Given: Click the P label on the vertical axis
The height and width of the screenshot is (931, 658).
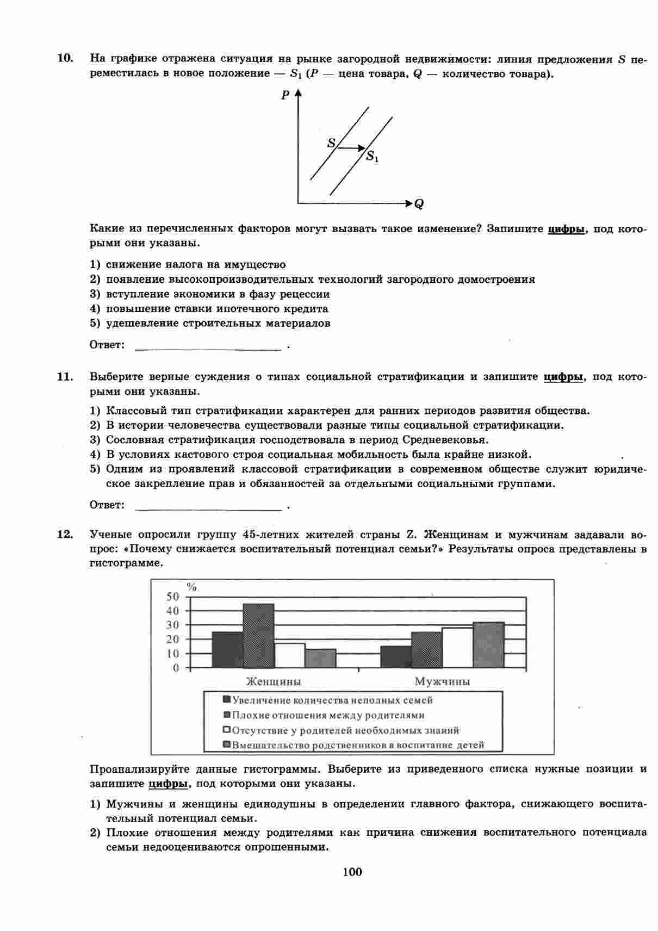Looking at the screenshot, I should click(x=285, y=96).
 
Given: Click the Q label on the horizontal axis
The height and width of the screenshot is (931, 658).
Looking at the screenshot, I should click(x=419, y=204).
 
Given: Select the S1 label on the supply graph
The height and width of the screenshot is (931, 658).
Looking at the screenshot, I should click(x=372, y=158).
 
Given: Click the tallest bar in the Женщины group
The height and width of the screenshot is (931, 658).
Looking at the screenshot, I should click(x=258, y=635).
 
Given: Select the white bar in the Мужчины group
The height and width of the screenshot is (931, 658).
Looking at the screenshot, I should click(x=457, y=647).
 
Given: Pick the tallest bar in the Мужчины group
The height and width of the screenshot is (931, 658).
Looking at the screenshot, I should click(x=488, y=644).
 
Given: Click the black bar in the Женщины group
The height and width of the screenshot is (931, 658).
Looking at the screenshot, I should click(x=227, y=649).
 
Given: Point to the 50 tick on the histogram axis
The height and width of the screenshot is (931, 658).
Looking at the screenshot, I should click(x=172, y=596).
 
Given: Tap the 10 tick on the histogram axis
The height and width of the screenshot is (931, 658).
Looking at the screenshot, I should click(x=172, y=653).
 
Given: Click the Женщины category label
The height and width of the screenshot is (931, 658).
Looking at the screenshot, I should click(x=274, y=681).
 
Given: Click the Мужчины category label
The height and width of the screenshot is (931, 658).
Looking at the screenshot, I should click(x=442, y=681).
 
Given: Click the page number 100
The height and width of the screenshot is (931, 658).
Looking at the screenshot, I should click(x=352, y=872).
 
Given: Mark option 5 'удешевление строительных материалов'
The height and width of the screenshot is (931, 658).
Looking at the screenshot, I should click(x=218, y=323).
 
